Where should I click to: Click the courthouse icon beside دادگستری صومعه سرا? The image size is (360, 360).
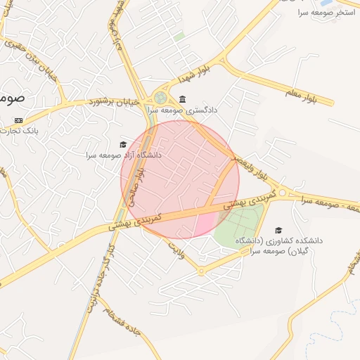[x=183, y=98]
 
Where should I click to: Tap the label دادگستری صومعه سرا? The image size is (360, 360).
[x=184, y=110]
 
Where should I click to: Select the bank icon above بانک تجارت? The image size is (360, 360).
[x=18, y=120]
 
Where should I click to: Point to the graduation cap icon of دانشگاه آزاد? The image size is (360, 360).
[x=123, y=144]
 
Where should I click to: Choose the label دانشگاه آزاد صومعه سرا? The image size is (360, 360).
[x=124, y=155]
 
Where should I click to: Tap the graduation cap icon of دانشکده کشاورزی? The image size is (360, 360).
[x=278, y=230]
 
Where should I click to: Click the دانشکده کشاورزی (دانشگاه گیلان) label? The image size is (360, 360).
[x=284, y=245]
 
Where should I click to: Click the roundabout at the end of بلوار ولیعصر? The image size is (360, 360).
[x=282, y=192]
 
